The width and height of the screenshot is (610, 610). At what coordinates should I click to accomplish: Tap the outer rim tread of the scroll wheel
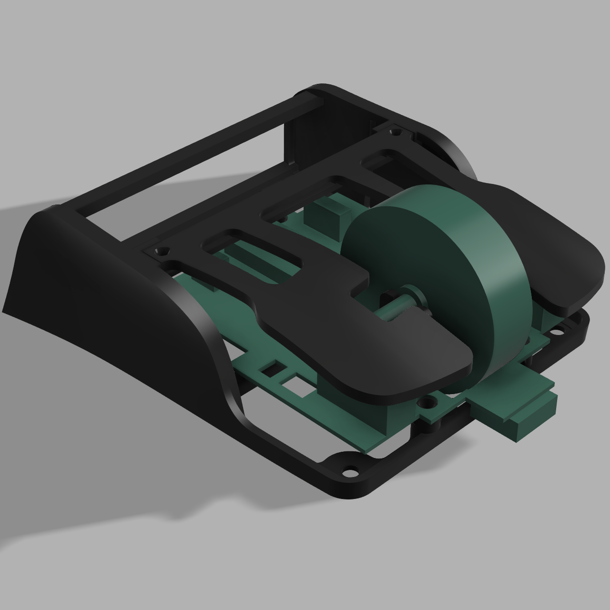pyautogui.click(x=496, y=267)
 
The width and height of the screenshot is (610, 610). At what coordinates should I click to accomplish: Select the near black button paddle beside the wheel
pyautogui.click(x=381, y=353)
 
